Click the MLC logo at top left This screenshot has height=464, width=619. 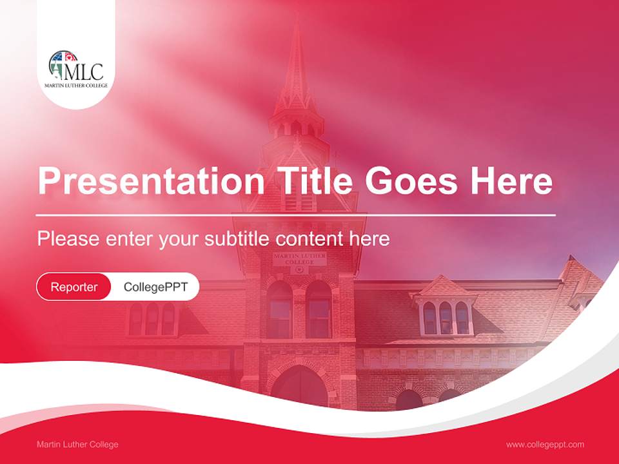click(75, 66)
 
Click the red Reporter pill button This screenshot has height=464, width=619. click(74, 287)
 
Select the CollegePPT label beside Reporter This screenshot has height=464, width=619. click(155, 287)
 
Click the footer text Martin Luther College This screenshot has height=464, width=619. click(77, 445)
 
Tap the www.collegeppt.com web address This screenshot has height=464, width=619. click(545, 445)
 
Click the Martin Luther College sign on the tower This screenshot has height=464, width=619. click(299, 259)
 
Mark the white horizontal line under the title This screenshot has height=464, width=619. click(296, 215)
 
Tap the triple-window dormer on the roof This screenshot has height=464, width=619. click(446, 316)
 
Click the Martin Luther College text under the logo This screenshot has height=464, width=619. click(75, 85)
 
